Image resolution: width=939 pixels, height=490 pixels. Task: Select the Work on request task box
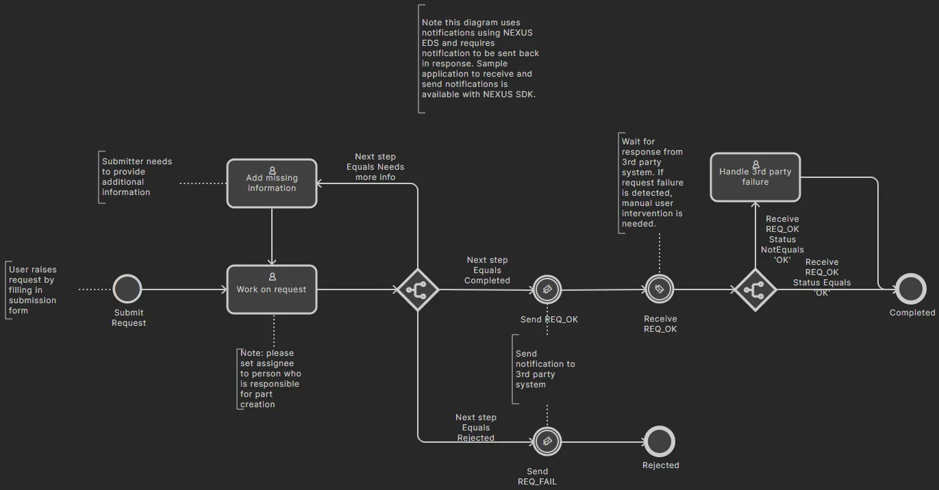tap(272, 289)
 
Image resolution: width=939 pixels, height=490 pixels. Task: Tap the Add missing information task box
tap(272, 183)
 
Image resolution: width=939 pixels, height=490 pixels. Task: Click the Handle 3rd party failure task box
tap(755, 177)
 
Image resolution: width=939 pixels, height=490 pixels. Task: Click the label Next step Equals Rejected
tap(476, 428)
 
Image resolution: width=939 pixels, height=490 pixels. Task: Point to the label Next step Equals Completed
tap(487, 270)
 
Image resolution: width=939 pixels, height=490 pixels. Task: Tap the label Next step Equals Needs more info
tap(375, 167)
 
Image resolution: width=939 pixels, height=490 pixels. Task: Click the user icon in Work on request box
tap(272, 277)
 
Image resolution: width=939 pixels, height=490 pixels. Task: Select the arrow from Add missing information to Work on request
tap(272, 237)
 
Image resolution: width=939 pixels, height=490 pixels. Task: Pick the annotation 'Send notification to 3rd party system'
tap(545, 369)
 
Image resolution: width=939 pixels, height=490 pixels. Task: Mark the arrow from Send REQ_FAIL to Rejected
tap(603, 441)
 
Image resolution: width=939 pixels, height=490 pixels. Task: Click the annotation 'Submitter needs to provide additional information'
tap(137, 177)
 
